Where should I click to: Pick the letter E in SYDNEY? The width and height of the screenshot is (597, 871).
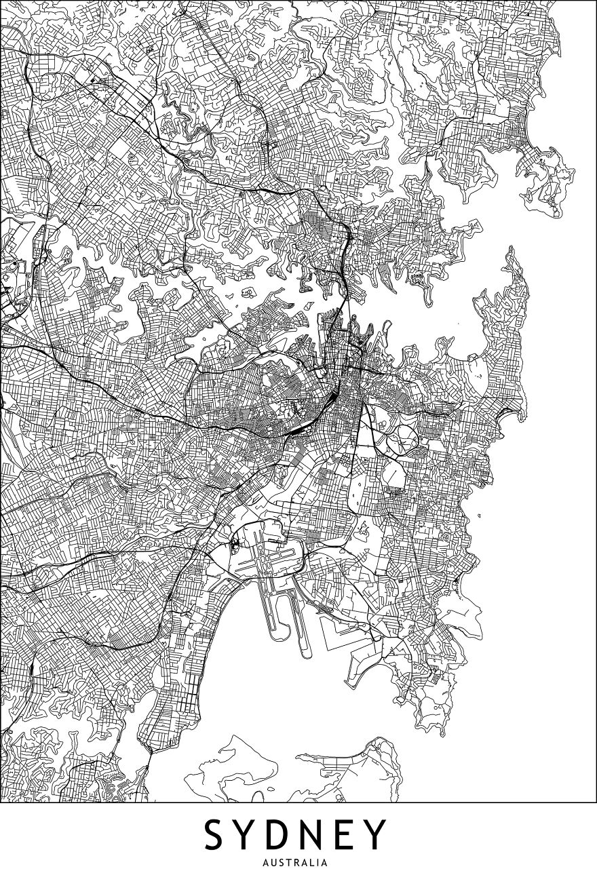coord(351,834)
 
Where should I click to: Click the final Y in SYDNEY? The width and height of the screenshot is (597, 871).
coord(378,834)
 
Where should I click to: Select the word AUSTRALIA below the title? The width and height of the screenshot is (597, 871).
coord(298,863)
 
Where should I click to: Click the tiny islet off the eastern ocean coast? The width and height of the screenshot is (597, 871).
coord(479,515)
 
